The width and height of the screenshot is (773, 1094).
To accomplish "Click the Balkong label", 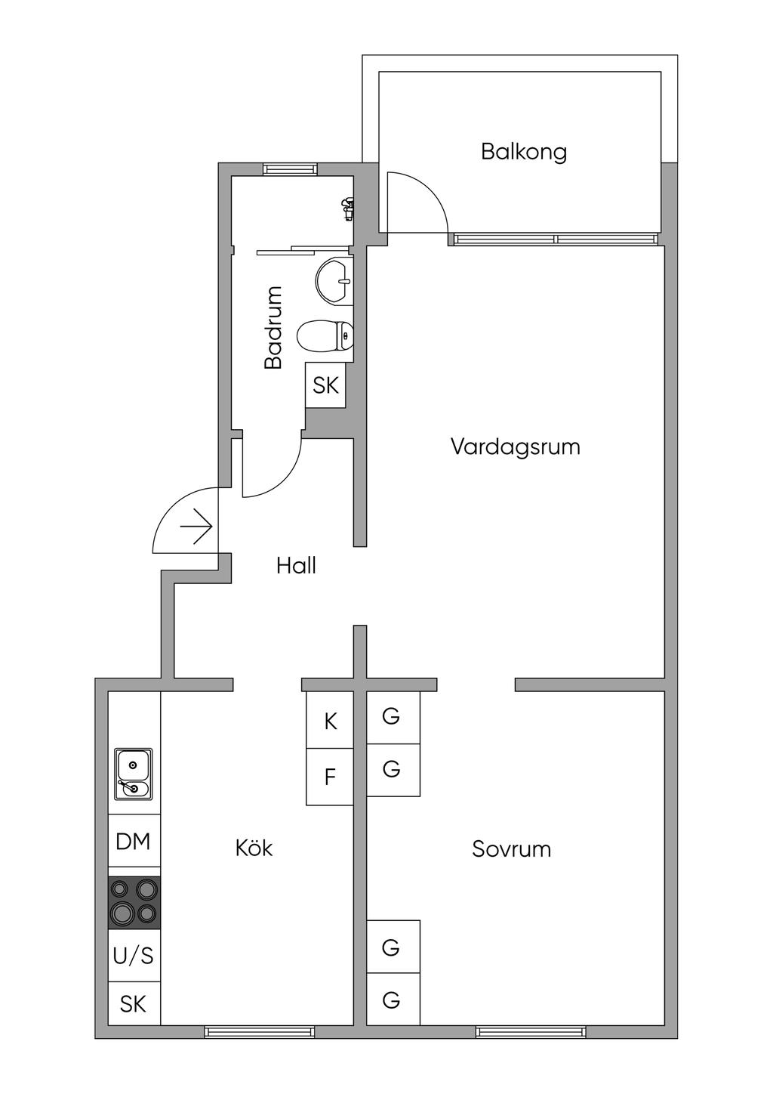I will coord(523,152).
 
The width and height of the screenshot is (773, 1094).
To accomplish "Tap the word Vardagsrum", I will coord(515,447).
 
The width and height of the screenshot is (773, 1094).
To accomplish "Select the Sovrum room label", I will coord(511,849).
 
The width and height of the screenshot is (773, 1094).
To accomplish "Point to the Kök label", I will coord(254,848).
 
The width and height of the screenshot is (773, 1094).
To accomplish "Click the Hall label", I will coord(296,566).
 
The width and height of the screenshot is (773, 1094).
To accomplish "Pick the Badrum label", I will coord(273,327).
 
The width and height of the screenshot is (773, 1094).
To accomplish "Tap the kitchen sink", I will coord(134,774).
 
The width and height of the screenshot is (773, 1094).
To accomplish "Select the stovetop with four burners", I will coord(134,903).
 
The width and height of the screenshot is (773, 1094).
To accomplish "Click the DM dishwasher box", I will coord(134,841).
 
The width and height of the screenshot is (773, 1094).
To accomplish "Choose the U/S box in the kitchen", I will coord(134,956).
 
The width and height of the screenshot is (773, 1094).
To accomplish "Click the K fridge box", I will coord(330,722).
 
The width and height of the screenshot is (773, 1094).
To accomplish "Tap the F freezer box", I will coord(330,777).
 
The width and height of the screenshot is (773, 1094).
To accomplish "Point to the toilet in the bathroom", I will coord(325,336).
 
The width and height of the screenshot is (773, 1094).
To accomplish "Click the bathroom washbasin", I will coord(334,280).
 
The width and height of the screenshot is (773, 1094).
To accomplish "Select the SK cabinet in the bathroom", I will coord(325,385).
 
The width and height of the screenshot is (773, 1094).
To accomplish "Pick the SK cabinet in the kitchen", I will coord(134,1004).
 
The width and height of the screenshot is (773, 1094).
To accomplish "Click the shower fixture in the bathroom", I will coord(347,208).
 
